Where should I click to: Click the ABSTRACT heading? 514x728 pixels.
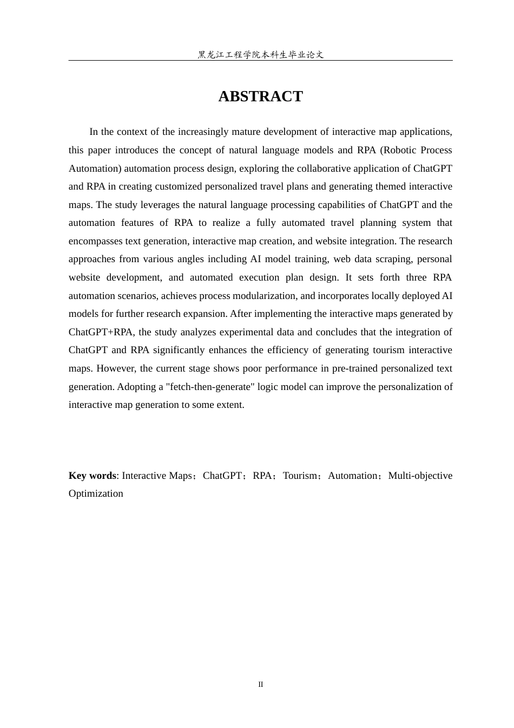coord(260,96)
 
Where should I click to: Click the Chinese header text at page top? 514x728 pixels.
coord(260,55)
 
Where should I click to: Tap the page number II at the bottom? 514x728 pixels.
coord(260,685)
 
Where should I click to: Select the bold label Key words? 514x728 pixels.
coord(92,476)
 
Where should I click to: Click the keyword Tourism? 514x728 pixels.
coord(300,476)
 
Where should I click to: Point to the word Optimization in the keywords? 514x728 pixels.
coord(96,493)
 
